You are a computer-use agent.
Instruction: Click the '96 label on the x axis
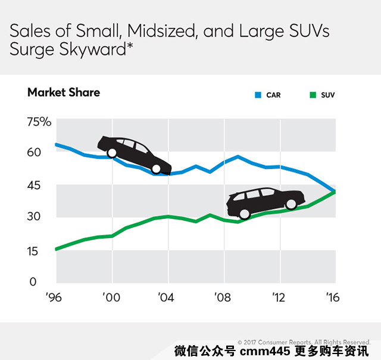click(55, 297)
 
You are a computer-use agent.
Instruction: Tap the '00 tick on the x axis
click(111, 297)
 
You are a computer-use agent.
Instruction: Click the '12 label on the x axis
click(279, 297)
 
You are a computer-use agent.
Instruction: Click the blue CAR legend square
click(258, 95)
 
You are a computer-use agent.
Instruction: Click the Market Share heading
click(64, 92)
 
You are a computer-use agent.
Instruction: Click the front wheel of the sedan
click(156, 169)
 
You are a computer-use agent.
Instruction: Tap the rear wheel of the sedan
click(112, 153)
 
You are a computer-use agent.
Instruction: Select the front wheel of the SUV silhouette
click(291, 204)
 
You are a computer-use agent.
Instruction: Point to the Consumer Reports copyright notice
click(304, 342)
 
